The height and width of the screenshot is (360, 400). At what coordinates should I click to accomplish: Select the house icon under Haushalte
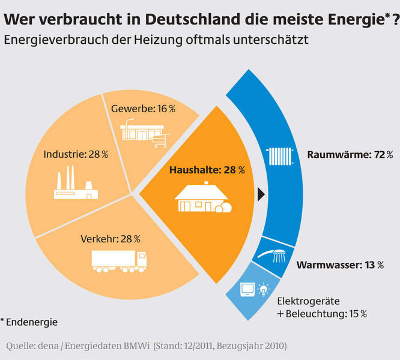(203, 198)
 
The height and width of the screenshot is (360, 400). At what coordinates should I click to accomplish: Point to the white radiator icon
(280, 155)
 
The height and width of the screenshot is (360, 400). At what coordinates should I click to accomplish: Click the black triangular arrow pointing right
(261, 194)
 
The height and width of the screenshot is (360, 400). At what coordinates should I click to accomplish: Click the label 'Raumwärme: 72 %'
(345, 154)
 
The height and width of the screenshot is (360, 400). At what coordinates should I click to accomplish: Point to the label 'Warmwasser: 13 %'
(340, 265)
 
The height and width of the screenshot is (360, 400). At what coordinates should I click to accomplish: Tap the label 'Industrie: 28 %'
(76, 154)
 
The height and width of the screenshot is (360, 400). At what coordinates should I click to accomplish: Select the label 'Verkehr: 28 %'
(110, 238)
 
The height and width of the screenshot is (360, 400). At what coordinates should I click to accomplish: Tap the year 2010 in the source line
(274, 346)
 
